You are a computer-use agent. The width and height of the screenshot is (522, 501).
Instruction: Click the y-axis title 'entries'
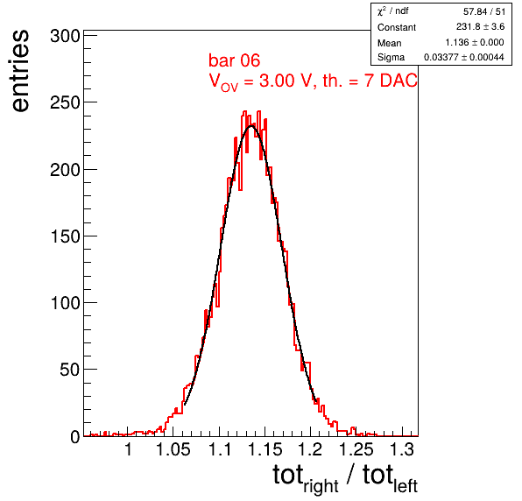(21, 71)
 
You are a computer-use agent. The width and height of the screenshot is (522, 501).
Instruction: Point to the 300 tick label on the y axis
(65, 36)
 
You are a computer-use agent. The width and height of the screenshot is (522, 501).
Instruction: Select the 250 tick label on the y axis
(65, 102)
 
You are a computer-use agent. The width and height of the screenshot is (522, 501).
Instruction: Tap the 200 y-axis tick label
(65, 170)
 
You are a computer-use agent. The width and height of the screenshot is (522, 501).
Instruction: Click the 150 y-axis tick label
(65, 236)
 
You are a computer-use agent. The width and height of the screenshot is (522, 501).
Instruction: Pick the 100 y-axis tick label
(65, 303)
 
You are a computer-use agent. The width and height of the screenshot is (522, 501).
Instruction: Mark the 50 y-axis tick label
(70, 370)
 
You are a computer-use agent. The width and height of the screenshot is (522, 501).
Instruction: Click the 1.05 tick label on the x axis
(173, 449)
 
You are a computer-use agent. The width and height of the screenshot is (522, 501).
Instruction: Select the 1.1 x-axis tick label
(219, 449)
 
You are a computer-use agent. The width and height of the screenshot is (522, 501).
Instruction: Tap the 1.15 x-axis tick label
(265, 449)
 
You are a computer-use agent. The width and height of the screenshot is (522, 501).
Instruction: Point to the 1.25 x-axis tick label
(356, 449)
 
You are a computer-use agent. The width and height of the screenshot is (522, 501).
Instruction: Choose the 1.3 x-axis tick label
(402, 449)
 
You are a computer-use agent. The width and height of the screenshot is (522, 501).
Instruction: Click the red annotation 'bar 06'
(234, 60)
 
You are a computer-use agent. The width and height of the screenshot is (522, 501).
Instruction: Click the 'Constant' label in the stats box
(397, 27)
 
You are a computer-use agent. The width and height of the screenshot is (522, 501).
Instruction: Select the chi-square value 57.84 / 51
(484, 11)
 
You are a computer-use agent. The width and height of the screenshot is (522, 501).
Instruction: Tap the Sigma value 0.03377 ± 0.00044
(463, 57)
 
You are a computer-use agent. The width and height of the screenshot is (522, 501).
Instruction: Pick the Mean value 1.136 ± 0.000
(475, 42)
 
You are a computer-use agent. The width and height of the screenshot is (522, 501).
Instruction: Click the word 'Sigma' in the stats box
(391, 57)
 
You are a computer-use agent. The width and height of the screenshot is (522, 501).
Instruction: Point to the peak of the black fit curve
(251, 126)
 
